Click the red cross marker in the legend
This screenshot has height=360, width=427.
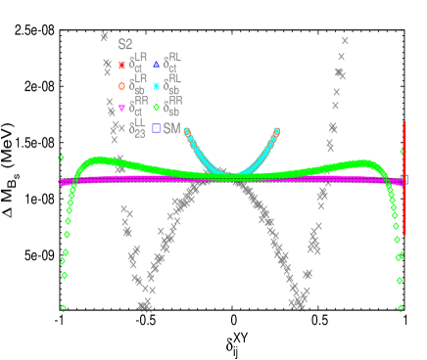click(x=121, y=66)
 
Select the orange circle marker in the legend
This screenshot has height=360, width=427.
click(x=121, y=86)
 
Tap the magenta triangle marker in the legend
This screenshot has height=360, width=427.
click(x=121, y=108)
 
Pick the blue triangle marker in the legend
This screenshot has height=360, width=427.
click(x=156, y=66)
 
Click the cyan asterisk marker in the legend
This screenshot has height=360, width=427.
click(x=156, y=86)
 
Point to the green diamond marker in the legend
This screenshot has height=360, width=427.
click(x=156, y=108)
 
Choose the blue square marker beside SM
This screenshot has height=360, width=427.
click(x=156, y=128)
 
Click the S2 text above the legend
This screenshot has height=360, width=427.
click(x=125, y=45)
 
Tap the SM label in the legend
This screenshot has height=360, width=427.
click(x=171, y=128)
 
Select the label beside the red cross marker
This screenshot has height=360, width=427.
click(x=138, y=64)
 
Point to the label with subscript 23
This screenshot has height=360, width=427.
click(x=138, y=127)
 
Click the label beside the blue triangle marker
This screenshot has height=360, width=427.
click(x=173, y=64)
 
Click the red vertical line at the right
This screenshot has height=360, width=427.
click(x=404, y=176)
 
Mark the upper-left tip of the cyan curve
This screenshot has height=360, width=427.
click(x=186, y=130)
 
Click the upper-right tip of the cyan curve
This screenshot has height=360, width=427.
click(x=277, y=130)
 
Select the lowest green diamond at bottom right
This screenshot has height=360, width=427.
click(x=401, y=308)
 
